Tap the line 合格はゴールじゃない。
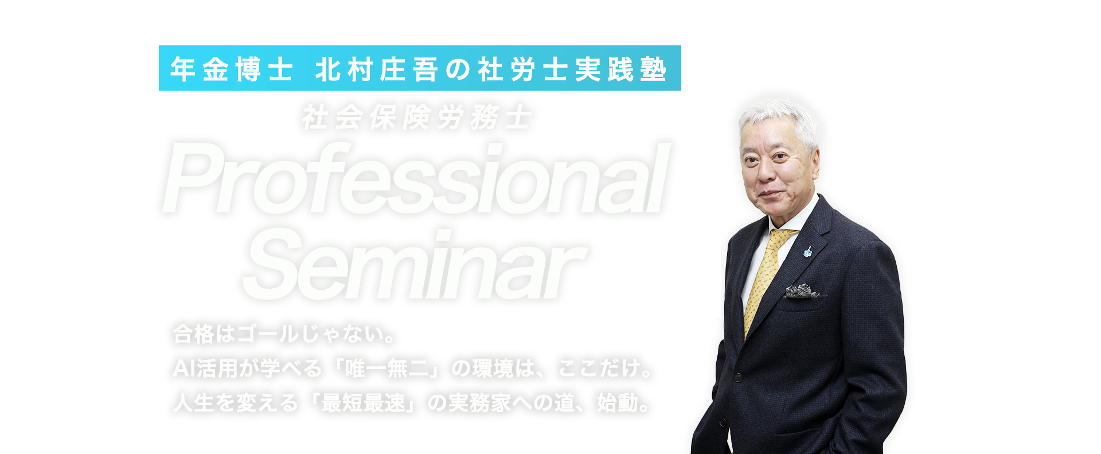tap(284, 334)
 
